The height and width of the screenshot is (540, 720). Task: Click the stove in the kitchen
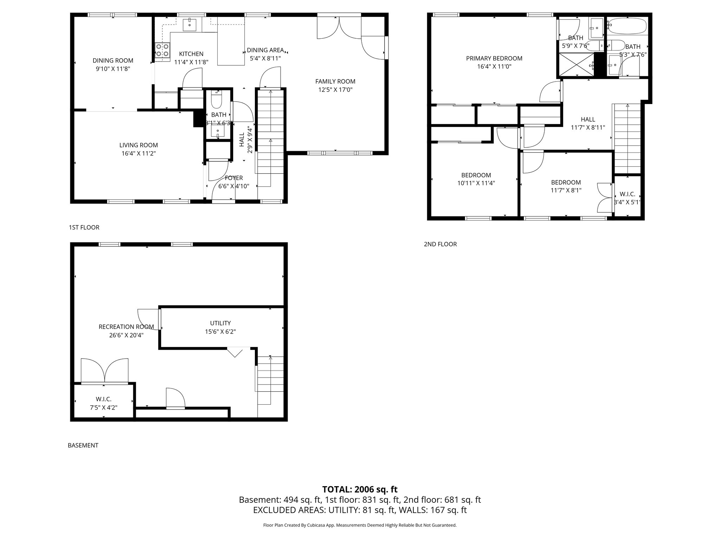(x=162, y=50)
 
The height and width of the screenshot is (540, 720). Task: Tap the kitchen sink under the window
(x=190, y=24)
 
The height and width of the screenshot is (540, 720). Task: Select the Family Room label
(x=335, y=82)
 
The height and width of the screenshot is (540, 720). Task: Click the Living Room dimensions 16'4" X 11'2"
(x=138, y=153)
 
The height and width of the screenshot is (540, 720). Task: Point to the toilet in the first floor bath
(x=216, y=101)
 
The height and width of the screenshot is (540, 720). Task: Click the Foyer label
(x=234, y=178)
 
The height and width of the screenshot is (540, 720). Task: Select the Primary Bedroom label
(x=494, y=58)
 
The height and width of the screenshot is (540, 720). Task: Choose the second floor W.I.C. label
(x=627, y=194)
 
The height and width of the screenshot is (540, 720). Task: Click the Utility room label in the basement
(x=220, y=323)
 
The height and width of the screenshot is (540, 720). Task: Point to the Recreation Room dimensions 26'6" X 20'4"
(x=126, y=335)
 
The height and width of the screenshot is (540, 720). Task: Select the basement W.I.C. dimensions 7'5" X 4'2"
(x=103, y=407)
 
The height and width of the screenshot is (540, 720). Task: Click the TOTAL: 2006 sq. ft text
(x=360, y=489)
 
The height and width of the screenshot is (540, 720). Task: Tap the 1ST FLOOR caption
(x=84, y=227)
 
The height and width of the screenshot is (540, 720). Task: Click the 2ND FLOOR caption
(x=440, y=244)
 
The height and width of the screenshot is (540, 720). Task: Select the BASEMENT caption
(x=83, y=445)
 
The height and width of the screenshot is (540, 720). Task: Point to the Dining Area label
(x=265, y=50)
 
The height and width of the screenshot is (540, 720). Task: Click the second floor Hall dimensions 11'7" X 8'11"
(x=588, y=128)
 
